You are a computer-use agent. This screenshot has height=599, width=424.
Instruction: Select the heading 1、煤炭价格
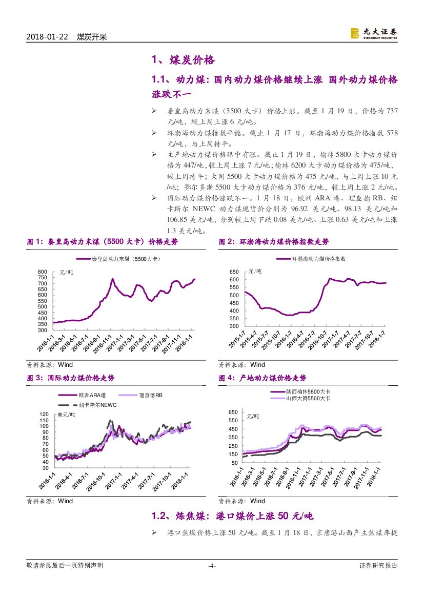point(183,60)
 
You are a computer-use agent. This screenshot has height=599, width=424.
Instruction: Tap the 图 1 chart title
point(102,241)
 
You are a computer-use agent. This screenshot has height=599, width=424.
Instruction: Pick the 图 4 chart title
point(262,378)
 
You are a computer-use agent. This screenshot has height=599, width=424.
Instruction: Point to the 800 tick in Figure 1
point(43,272)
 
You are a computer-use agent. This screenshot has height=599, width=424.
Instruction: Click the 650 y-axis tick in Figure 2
point(234,272)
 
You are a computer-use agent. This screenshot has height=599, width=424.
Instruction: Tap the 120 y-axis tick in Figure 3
point(44,414)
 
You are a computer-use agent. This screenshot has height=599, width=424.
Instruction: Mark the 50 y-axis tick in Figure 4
point(235,463)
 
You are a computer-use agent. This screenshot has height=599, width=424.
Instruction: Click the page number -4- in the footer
point(211,566)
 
